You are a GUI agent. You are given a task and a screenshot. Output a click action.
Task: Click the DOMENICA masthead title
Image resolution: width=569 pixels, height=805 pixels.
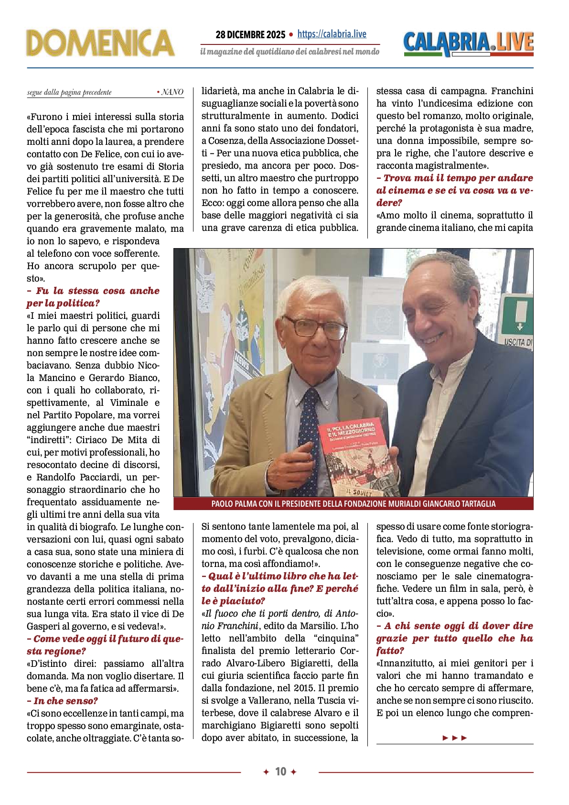100,43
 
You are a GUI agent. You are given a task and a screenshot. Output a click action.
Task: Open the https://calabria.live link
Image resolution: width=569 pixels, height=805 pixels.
332,34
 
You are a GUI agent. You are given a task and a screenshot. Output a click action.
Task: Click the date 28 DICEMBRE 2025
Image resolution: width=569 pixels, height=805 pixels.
250,34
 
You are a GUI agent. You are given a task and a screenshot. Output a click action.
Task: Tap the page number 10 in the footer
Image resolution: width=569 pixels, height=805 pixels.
280,772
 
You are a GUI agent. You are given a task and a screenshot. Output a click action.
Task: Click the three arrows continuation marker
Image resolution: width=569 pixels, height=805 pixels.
454,738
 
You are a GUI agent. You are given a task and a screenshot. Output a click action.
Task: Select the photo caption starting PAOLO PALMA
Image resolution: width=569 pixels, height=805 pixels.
353,504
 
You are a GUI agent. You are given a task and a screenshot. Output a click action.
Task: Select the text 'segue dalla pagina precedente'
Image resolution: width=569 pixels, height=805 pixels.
69,92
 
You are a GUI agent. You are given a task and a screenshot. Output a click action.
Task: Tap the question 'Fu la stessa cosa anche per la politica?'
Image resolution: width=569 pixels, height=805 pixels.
93,297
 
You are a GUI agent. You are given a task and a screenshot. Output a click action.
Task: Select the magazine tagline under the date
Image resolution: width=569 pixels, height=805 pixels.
290,52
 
